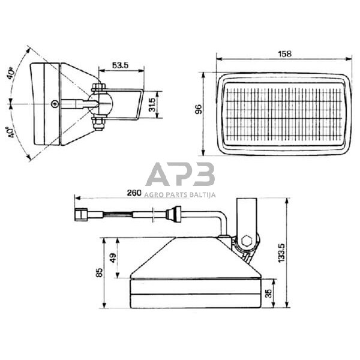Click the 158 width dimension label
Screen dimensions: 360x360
point(285,54)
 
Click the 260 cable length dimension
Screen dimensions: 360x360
point(134,193)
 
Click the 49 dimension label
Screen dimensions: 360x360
point(113,258)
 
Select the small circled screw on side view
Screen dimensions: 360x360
point(55,104)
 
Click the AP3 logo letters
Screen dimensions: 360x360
point(180,175)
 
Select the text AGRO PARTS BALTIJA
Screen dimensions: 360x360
point(180,194)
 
